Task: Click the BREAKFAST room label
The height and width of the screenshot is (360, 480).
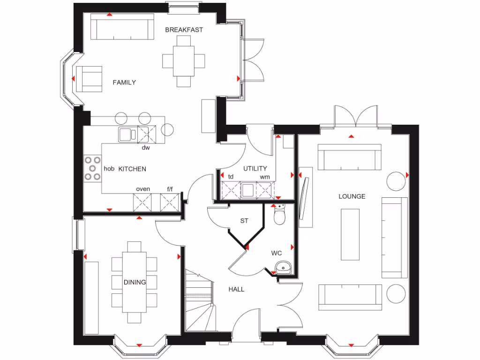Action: (x=184, y=30)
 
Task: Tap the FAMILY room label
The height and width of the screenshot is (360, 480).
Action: (x=124, y=82)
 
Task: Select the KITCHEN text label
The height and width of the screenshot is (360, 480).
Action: (x=132, y=169)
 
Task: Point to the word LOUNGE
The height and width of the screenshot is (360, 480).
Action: (x=352, y=196)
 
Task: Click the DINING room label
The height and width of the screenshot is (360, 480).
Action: (x=135, y=282)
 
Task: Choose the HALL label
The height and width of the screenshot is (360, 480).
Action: (x=236, y=289)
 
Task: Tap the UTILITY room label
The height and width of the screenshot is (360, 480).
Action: (x=255, y=168)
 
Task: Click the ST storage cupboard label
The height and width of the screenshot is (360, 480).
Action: (x=244, y=221)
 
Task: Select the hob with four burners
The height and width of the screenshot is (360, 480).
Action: (x=92, y=168)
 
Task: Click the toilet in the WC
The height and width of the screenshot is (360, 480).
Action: (x=280, y=215)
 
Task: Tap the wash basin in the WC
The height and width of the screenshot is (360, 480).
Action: (x=283, y=268)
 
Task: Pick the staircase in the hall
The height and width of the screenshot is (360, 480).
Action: (x=199, y=300)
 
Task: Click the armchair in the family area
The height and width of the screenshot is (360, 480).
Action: (x=89, y=79)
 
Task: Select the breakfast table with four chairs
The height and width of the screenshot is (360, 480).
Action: (x=183, y=60)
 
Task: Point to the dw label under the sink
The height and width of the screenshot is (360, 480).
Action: (x=146, y=148)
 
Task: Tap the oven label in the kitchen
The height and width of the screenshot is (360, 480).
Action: (x=143, y=189)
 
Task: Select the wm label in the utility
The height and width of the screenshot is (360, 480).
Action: (x=265, y=177)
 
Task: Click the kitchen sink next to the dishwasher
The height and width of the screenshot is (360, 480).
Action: (x=127, y=135)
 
